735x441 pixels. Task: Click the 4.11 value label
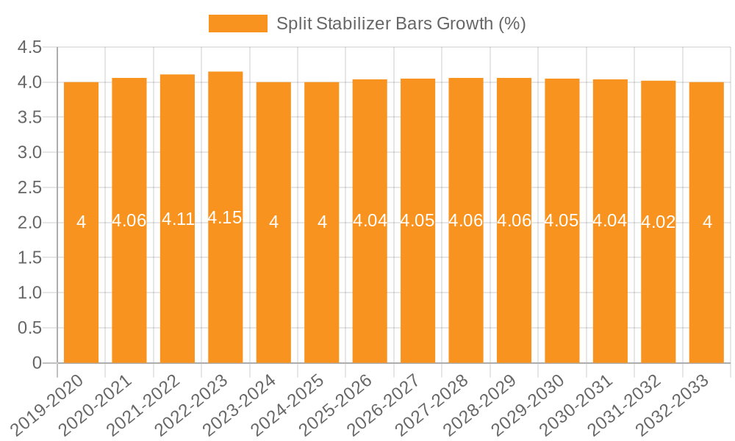[178, 219]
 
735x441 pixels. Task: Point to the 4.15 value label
[225, 218]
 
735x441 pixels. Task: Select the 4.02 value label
[659, 222]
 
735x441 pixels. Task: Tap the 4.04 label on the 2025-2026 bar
[370, 220]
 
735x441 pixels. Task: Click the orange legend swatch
[237, 24]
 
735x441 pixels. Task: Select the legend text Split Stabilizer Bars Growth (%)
[401, 24]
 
